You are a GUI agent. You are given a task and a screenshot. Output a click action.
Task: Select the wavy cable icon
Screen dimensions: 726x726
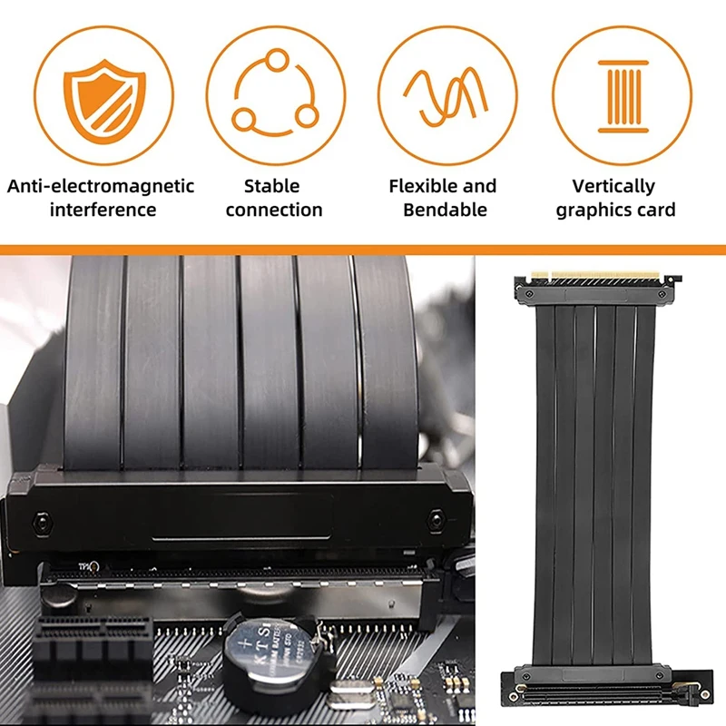pyautogui.click(x=446, y=97)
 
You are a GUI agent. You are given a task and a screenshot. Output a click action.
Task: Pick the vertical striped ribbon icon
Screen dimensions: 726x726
pyautogui.click(x=623, y=96)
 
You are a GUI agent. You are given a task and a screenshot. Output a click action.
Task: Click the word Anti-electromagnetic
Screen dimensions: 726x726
pyautogui.click(x=101, y=186)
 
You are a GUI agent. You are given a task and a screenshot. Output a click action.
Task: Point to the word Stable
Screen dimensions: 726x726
pyautogui.click(x=271, y=186)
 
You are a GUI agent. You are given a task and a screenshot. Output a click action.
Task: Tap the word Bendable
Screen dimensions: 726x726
pyautogui.click(x=445, y=210)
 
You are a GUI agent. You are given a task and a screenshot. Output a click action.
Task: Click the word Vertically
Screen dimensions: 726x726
pyautogui.click(x=613, y=187)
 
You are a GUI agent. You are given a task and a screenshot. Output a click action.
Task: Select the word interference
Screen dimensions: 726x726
pyautogui.click(x=103, y=210)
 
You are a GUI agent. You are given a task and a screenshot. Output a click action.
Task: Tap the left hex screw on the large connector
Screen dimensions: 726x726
pyautogui.click(x=43, y=523)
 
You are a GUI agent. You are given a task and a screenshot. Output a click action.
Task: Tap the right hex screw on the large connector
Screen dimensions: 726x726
pyautogui.click(x=436, y=519)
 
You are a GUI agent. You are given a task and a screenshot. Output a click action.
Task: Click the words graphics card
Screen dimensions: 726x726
pyautogui.click(x=615, y=211)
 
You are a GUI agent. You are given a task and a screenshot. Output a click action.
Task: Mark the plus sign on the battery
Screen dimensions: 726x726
pyautogui.click(x=246, y=643)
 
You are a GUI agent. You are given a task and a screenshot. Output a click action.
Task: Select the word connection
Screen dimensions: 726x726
pyautogui.click(x=274, y=210)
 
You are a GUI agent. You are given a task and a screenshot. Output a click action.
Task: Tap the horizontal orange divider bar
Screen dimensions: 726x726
pyautogui.click(x=363, y=250)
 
